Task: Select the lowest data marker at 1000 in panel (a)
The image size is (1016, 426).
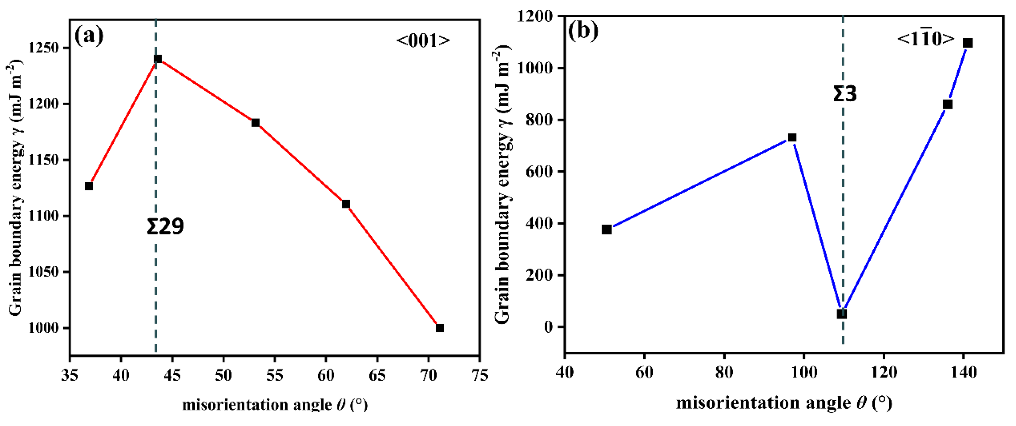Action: [x=440, y=328]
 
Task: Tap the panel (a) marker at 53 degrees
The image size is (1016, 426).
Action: [x=256, y=123]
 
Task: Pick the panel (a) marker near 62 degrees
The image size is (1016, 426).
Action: [x=346, y=204]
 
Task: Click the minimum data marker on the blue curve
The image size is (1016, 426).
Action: [x=842, y=314]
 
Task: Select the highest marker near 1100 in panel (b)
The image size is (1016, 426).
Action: [x=968, y=43]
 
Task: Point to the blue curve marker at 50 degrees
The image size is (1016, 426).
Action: [x=607, y=230]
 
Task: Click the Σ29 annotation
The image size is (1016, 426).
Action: [x=165, y=227]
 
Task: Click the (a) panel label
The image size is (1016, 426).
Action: [x=89, y=36]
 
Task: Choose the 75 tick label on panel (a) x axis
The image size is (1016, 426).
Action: [x=479, y=375]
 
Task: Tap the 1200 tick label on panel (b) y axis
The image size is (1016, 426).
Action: [x=539, y=17]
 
